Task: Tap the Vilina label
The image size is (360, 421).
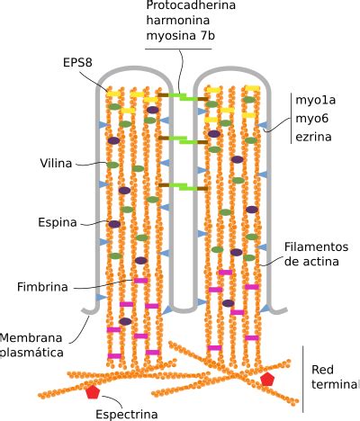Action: (56, 164)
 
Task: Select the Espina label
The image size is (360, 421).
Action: (57, 221)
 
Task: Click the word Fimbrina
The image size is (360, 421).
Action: (43, 287)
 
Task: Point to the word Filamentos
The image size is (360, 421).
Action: (316, 246)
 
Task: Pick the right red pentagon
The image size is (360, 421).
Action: (266, 379)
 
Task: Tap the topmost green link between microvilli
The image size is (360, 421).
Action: (188, 96)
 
